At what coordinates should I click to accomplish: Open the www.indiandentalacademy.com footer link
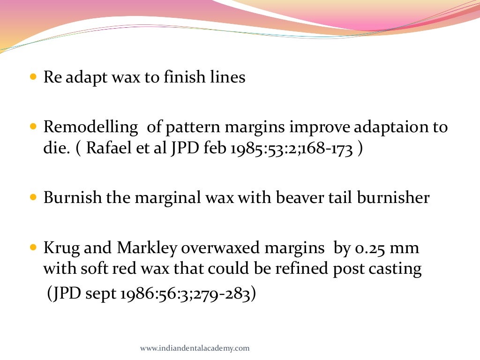click(x=195, y=348)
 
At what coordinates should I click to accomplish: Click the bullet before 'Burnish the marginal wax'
click(x=33, y=197)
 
